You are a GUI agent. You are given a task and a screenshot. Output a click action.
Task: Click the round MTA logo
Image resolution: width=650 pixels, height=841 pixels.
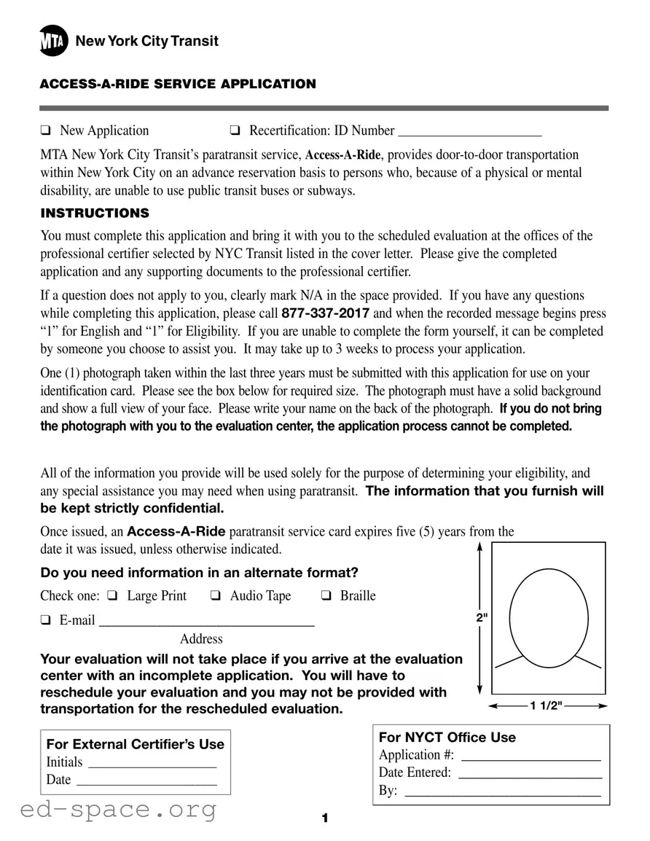pos(54,42)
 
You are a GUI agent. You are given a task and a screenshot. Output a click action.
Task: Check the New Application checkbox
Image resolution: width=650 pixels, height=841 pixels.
pos(46,131)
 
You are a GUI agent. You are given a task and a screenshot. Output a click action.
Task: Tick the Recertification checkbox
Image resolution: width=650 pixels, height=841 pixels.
pos(235,131)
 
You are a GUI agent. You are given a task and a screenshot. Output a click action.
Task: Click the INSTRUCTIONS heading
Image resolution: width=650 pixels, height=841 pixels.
pos(95,214)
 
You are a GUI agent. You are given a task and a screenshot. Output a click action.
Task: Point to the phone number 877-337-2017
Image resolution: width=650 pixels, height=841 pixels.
pos(325,313)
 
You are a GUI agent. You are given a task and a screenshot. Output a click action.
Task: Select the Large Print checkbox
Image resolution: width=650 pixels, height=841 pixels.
pos(112,596)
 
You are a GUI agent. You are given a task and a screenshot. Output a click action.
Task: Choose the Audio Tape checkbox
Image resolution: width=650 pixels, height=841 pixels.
pos(216,596)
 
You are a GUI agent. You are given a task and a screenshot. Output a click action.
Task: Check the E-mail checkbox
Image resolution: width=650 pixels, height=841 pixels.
pos(46,621)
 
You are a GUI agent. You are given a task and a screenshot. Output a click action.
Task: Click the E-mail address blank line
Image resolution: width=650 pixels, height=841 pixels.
pos(206,624)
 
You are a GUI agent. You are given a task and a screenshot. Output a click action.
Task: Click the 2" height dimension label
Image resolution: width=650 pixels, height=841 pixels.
pos(481,618)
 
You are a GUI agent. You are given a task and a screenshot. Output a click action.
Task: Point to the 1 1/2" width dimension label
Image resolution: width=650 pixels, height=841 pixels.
pos(547,705)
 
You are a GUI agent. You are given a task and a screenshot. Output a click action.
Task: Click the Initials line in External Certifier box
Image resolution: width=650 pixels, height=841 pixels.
pos(152,766)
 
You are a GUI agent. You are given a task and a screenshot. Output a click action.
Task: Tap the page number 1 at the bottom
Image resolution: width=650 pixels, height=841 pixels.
pos(325,819)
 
